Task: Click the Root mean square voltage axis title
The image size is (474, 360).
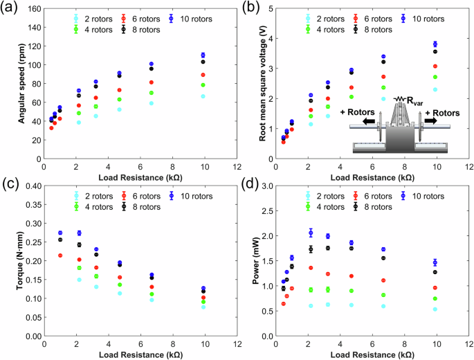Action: click(264, 87)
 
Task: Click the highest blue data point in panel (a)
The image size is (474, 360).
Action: click(223, 55)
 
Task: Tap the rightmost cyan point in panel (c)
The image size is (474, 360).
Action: click(223, 307)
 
